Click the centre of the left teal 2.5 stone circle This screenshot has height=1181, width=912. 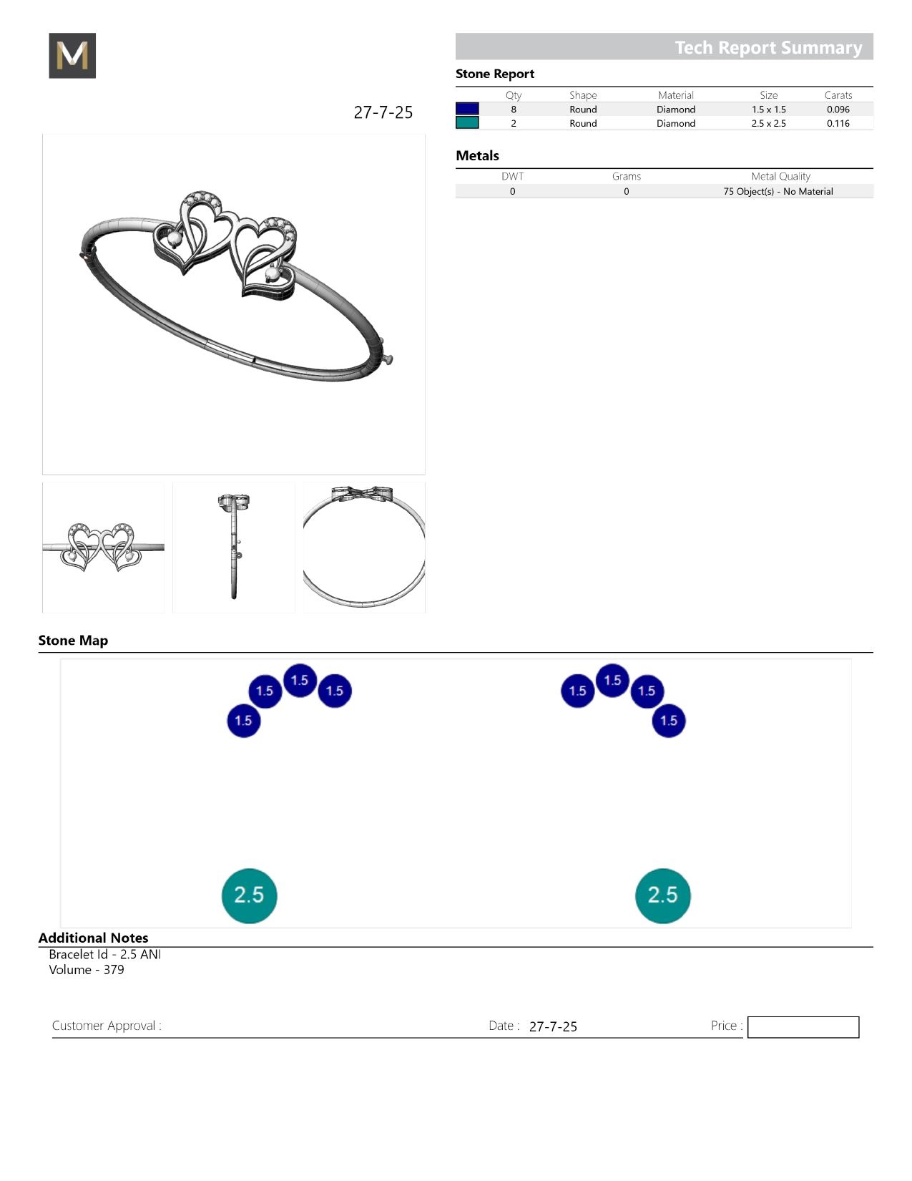[x=250, y=895]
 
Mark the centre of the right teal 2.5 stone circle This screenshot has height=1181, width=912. [x=662, y=895]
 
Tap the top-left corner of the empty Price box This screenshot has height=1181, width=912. [x=748, y=1016]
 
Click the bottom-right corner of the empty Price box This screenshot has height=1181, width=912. [x=859, y=1038]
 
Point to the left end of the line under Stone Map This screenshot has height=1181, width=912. [x=39, y=652]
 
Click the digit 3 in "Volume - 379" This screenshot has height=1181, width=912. [x=107, y=970]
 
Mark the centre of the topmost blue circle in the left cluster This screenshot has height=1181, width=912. [x=300, y=680]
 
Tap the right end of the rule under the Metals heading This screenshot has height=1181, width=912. [x=873, y=168]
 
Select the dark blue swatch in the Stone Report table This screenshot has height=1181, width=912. [x=467, y=109]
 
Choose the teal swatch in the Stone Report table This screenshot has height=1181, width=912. [x=467, y=123]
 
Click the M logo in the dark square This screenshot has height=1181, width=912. [x=72, y=55]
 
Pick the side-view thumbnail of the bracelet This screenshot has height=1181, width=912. [x=234, y=548]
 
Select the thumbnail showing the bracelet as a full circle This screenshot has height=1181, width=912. [x=364, y=548]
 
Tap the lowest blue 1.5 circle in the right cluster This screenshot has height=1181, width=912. [x=669, y=721]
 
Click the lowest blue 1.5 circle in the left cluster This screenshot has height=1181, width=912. [x=243, y=721]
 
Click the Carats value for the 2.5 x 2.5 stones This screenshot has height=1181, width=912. [x=838, y=123]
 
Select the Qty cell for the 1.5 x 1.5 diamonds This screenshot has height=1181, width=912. [x=514, y=110]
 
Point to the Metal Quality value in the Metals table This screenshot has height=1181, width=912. [x=778, y=191]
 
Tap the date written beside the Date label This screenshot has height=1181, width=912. [x=553, y=1026]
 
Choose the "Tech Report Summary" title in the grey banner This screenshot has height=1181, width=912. [x=769, y=47]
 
